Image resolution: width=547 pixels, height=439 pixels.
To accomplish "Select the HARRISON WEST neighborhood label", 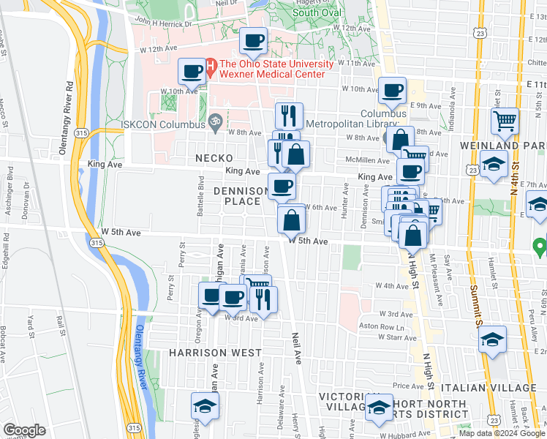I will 215,353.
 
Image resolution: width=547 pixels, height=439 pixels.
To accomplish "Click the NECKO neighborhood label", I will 214,158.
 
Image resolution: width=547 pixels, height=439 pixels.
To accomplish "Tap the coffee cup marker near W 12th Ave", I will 254,42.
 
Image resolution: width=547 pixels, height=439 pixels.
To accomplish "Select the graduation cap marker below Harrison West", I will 205,406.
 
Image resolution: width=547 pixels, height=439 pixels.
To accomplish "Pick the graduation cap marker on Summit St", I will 492,339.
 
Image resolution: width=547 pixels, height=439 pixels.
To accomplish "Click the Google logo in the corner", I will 24,430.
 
